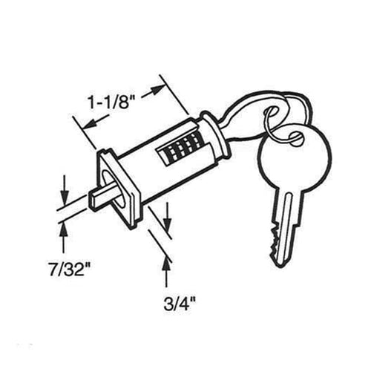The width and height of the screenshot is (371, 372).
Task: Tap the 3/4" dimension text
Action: (x=180, y=304)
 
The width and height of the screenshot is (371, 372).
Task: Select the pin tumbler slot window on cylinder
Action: (x=181, y=151)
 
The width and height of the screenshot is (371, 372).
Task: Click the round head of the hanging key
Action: (x=294, y=156)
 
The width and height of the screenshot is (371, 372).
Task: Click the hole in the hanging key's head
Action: (x=295, y=137)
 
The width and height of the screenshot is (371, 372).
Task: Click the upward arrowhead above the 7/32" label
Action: (x=65, y=231)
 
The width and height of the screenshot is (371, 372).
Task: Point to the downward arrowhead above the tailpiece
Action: (x=64, y=198)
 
